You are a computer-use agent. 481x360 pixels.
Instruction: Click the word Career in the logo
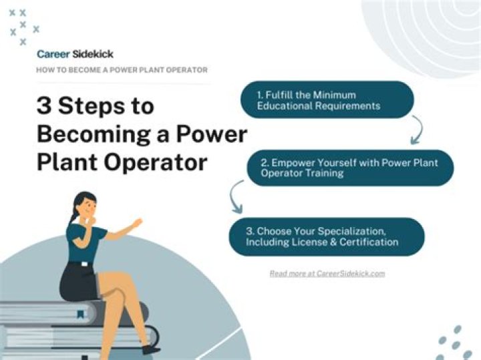53,54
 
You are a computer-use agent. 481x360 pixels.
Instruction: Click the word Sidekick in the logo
93,54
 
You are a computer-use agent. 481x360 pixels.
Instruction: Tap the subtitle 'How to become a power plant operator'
122,70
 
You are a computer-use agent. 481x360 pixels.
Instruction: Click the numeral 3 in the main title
44,106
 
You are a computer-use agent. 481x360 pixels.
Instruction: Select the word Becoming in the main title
94,136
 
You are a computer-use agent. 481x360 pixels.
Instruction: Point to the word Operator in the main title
155,163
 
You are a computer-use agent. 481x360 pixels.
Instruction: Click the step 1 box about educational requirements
327,100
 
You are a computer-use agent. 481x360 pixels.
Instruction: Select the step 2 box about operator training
350,168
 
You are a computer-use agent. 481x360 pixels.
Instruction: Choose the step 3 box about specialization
327,236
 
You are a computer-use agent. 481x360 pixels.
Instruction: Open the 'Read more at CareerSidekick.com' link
327,273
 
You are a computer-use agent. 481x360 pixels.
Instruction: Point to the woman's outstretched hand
136,223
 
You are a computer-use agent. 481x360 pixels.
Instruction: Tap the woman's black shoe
151,349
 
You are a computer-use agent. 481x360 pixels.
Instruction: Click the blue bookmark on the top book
80,314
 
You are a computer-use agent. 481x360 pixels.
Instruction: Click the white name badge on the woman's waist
84,264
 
